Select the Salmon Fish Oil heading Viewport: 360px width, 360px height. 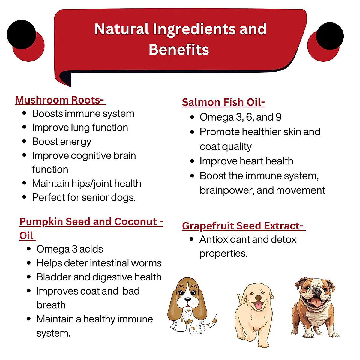(223, 102)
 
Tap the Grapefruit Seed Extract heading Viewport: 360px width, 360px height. (243, 226)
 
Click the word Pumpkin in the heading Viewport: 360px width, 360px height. (41, 222)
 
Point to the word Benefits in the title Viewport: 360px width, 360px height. (179, 49)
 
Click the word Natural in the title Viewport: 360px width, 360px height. (121, 29)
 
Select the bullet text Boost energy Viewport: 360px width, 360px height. (61, 142)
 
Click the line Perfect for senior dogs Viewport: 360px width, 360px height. (84, 197)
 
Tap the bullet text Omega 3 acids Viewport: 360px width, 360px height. (70, 249)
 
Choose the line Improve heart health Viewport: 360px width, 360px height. (246, 161)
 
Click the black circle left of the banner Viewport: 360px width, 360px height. (21, 34)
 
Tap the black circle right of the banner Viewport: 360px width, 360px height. (330, 36)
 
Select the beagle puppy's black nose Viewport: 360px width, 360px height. (188, 299)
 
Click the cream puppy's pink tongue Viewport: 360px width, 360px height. (258, 306)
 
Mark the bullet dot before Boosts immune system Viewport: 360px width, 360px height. (25, 113)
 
